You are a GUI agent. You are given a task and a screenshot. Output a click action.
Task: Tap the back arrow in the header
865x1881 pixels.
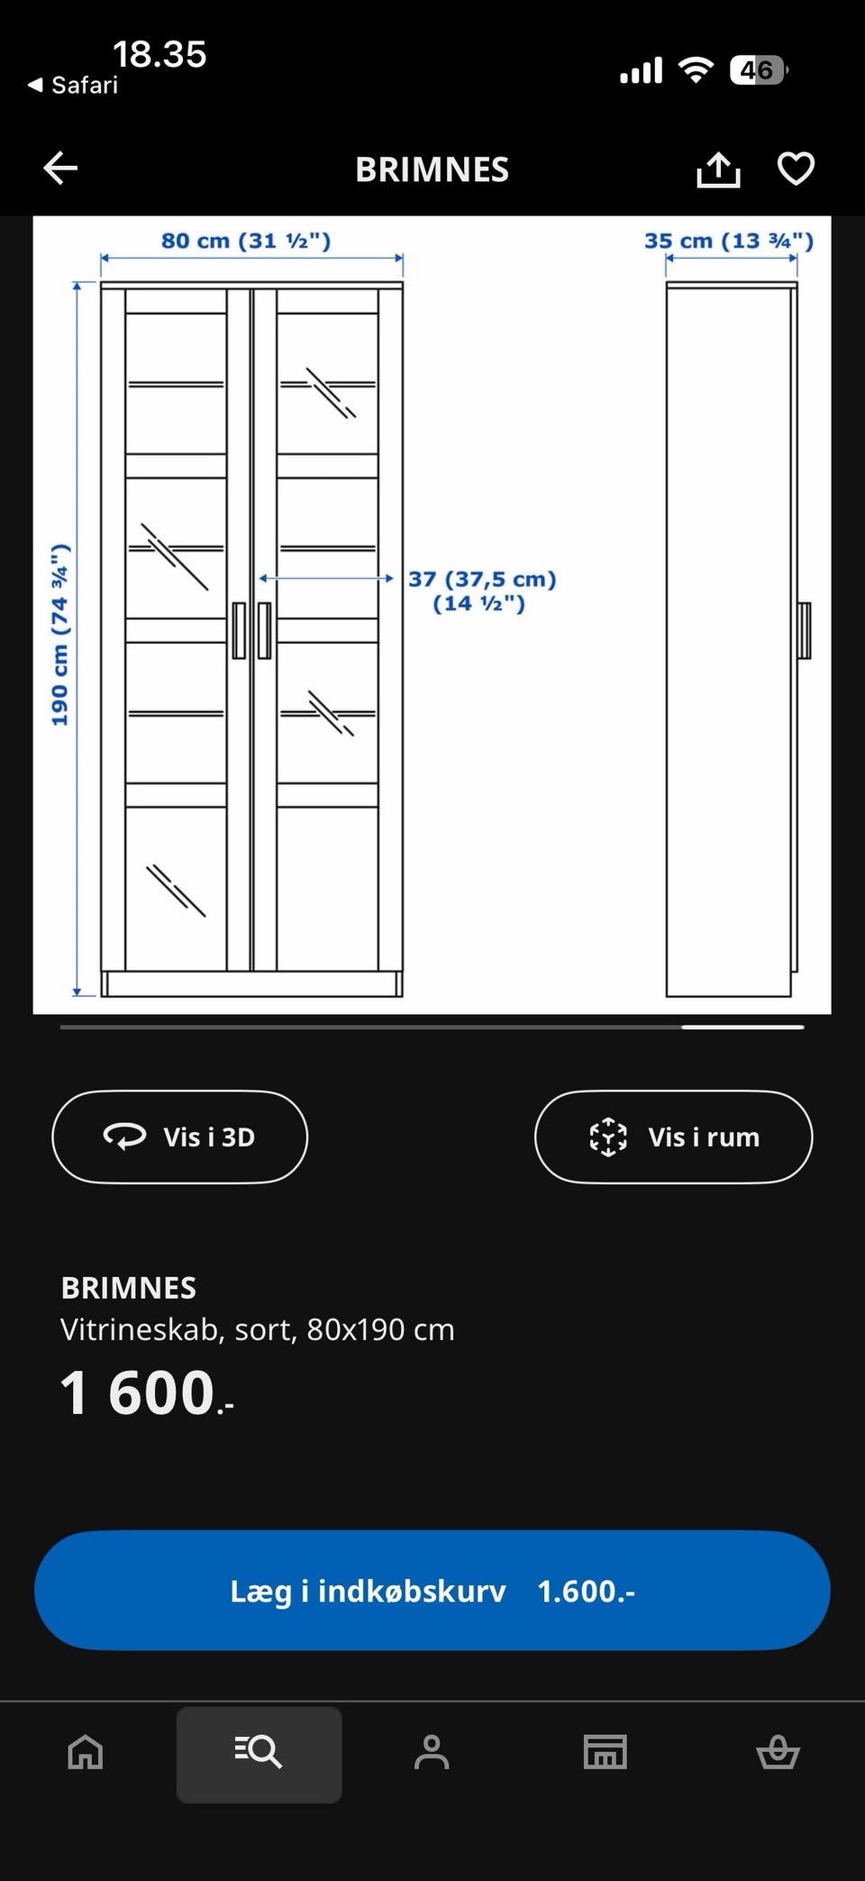click(x=60, y=169)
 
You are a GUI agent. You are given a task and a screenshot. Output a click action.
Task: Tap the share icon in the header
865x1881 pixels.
click(x=718, y=169)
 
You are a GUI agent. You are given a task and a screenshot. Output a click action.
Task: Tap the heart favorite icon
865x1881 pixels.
click(x=796, y=169)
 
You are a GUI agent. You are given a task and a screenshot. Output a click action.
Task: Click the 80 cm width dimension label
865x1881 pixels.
click(x=246, y=241)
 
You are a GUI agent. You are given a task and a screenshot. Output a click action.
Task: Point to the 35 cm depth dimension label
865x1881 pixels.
click(x=728, y=241)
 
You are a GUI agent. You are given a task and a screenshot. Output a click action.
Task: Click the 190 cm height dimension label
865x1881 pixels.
click(x=59, y=635)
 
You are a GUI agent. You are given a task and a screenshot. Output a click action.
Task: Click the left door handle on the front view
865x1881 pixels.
click(x=239, y=630)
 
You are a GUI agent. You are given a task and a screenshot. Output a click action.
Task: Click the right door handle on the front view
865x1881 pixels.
click(x=264, y=630)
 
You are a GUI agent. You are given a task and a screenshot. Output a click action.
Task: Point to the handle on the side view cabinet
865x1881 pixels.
click(x=804, y=630)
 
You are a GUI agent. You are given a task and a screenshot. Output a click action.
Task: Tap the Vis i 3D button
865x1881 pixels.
click(x=180, y=1137)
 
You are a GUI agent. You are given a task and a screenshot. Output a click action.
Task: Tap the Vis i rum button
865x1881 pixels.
click(x=673, y=1137)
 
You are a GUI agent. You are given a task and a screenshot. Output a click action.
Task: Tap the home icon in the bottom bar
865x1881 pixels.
click(x=86, y=1753)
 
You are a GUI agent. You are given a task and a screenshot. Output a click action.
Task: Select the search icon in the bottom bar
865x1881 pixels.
click(x=259, y=1753)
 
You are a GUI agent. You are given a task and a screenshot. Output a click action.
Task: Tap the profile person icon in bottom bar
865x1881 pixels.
click(x=432, y=1753)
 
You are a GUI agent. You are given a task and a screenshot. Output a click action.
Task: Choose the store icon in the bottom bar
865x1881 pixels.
click(x=605, y=1753)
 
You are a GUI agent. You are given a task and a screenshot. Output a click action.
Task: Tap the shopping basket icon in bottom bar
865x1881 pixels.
click(x=778, y=1753)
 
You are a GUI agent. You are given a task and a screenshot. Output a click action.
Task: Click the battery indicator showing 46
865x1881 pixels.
click(x=759, y=70)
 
